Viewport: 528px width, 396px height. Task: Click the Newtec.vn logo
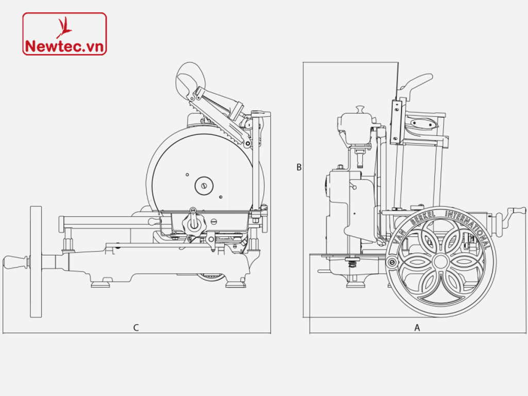[x=64, y=34]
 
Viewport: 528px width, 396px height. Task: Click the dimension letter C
[x=136, y=327]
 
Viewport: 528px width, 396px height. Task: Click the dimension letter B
[x=299, y=167]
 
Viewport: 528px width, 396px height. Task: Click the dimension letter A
[x=417, y=327]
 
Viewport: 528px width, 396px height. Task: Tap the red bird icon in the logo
[x=64, y=26]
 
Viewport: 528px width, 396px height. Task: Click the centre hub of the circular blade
[x=204, y=184]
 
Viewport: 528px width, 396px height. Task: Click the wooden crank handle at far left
[x=15, y=262]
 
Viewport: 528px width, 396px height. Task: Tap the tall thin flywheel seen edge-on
[x=36, y=261]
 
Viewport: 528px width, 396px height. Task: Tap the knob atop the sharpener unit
[x=359, y=109]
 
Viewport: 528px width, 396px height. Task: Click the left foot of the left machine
[x=100, y=283]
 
